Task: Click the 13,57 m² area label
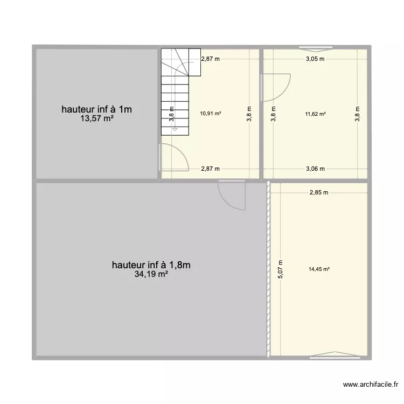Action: tap(97, 119)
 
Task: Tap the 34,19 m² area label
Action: tap(152, 275)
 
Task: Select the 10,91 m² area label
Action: tap(211, 114)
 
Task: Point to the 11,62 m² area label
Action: tap(316, 114)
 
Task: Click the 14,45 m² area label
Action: tap(319, 270)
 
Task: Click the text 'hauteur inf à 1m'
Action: tap(97, 109)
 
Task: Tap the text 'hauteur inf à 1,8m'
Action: tap(152, 265)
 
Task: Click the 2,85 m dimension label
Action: tap(319, 192)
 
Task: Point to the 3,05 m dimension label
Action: tap(315, 59)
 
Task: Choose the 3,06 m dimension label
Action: tap(315, 169)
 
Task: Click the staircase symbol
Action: tap(175, 92)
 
